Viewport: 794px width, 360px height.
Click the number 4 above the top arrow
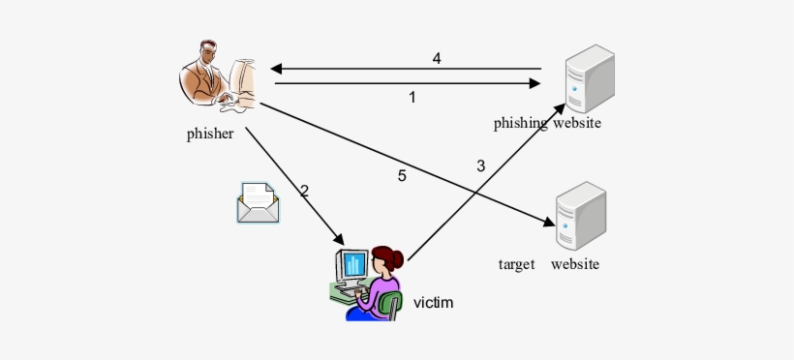coord(437,58)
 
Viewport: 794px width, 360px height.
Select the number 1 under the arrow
coord(412,97)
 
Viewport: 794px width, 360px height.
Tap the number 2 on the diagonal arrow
coord(304,191)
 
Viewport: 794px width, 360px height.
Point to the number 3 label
coord(480,165)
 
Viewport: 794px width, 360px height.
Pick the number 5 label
coord(402,175)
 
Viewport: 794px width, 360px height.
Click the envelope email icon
coord(258,202)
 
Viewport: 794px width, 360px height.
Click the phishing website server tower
coord(590,79)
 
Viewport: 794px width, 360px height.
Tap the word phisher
coord(210,134)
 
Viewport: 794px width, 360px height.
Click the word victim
coord(433,302)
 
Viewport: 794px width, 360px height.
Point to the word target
coord(516,264)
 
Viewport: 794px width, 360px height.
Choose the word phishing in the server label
coord(521,123)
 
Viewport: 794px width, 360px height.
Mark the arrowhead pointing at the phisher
coord(276,69)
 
